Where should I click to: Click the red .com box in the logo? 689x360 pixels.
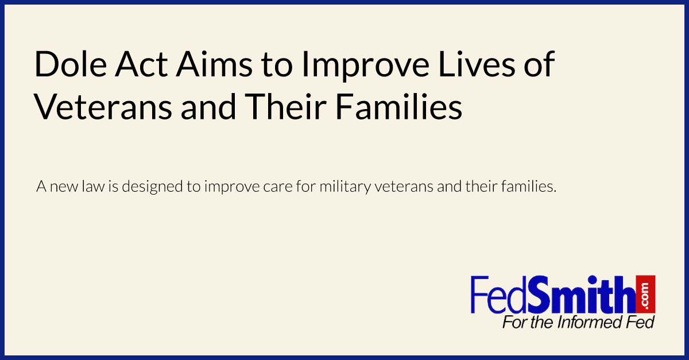[x=647, y=293]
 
